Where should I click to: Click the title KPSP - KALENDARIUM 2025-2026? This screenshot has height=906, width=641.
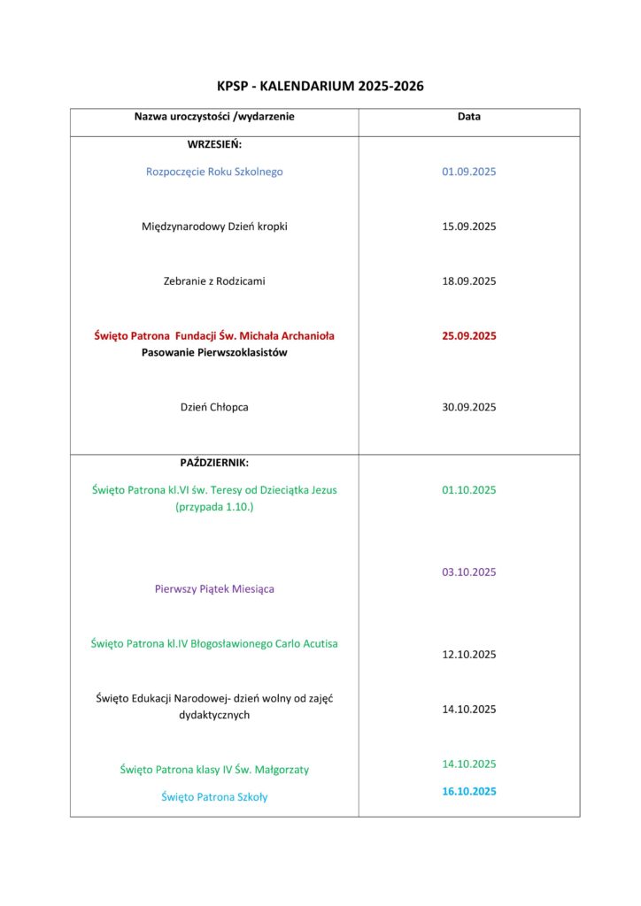coord(320,86)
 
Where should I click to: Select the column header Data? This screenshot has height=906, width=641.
coord(469,116)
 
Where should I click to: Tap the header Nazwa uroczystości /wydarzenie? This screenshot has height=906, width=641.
coord(214,116)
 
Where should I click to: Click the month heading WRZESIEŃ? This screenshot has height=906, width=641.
coord(214,143)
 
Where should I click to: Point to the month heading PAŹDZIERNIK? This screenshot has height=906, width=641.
coord(214,462)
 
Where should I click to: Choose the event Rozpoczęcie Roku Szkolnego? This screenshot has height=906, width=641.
coord(214,172)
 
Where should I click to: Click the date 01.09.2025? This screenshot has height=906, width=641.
coord(469,172)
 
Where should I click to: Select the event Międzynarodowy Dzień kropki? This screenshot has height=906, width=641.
coord(214,226)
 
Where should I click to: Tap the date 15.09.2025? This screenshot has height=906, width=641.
coord(469,226)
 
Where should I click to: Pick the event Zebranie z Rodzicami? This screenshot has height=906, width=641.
coord(214,281)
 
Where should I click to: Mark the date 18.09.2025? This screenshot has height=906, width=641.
coord(469,281)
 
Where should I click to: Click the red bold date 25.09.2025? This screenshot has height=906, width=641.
coord(469,336)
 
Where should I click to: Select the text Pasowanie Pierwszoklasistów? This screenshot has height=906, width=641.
coord(214,353)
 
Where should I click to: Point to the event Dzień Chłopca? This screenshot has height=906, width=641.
coord(214,408)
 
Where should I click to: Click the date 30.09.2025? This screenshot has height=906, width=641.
coord(469,408)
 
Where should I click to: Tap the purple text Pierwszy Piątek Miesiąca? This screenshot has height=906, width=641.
coord(214,589)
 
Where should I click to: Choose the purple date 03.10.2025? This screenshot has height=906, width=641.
coord(469,572)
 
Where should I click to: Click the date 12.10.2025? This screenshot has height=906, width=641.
coord(469,655)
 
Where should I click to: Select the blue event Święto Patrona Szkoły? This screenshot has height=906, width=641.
coord(214,797)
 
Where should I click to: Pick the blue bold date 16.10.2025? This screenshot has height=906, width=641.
coord(469,792)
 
